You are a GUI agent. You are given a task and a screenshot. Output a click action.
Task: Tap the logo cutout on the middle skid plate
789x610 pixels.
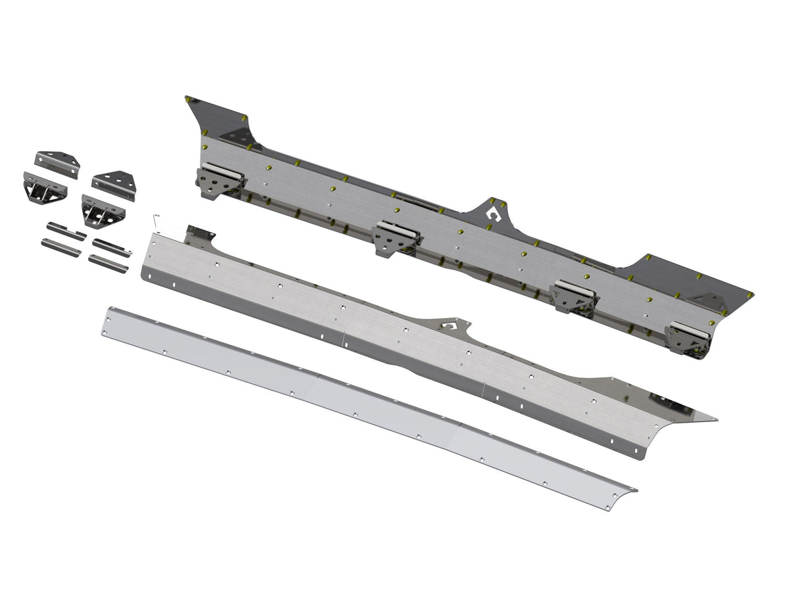pyautogui.click(x=450, y=325)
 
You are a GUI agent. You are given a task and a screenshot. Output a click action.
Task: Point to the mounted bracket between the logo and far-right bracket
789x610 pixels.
pyautogui.click(x=574, y=296)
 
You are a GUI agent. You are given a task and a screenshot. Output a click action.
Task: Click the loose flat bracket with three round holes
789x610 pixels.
pyautogui.click(x=114, y=183)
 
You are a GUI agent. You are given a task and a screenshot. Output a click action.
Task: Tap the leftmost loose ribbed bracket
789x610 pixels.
pyautogui.click(x=44, y=189)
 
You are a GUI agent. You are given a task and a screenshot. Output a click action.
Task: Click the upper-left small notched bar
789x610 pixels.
pyautogui.click(x=66, y=231)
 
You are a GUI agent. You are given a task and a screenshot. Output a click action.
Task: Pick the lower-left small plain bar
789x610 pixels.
pyautogui.click(x=60, y=248)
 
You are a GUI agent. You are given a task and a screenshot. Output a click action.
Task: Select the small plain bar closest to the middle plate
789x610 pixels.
pyautogui.click(x=107, y=264)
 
